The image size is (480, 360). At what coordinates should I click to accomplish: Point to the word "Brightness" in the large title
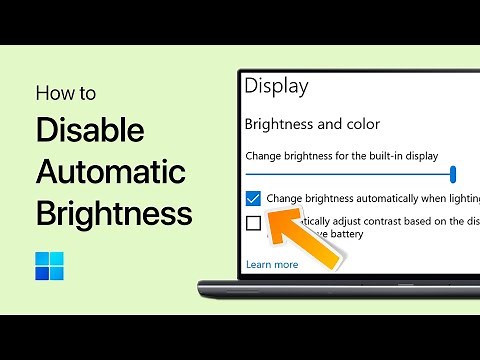click(114, 213)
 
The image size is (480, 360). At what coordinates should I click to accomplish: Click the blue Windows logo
click(49, 267)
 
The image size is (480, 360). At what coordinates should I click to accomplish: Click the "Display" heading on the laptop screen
click(276, 85)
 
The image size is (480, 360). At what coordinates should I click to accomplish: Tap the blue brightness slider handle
click(453, 174)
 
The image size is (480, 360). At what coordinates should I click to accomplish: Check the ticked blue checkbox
click(253, 198)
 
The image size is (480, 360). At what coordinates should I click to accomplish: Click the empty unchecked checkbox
click(253, 223)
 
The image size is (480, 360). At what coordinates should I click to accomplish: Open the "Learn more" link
click(271, 265)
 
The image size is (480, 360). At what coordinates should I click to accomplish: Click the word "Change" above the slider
click(263, 155)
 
